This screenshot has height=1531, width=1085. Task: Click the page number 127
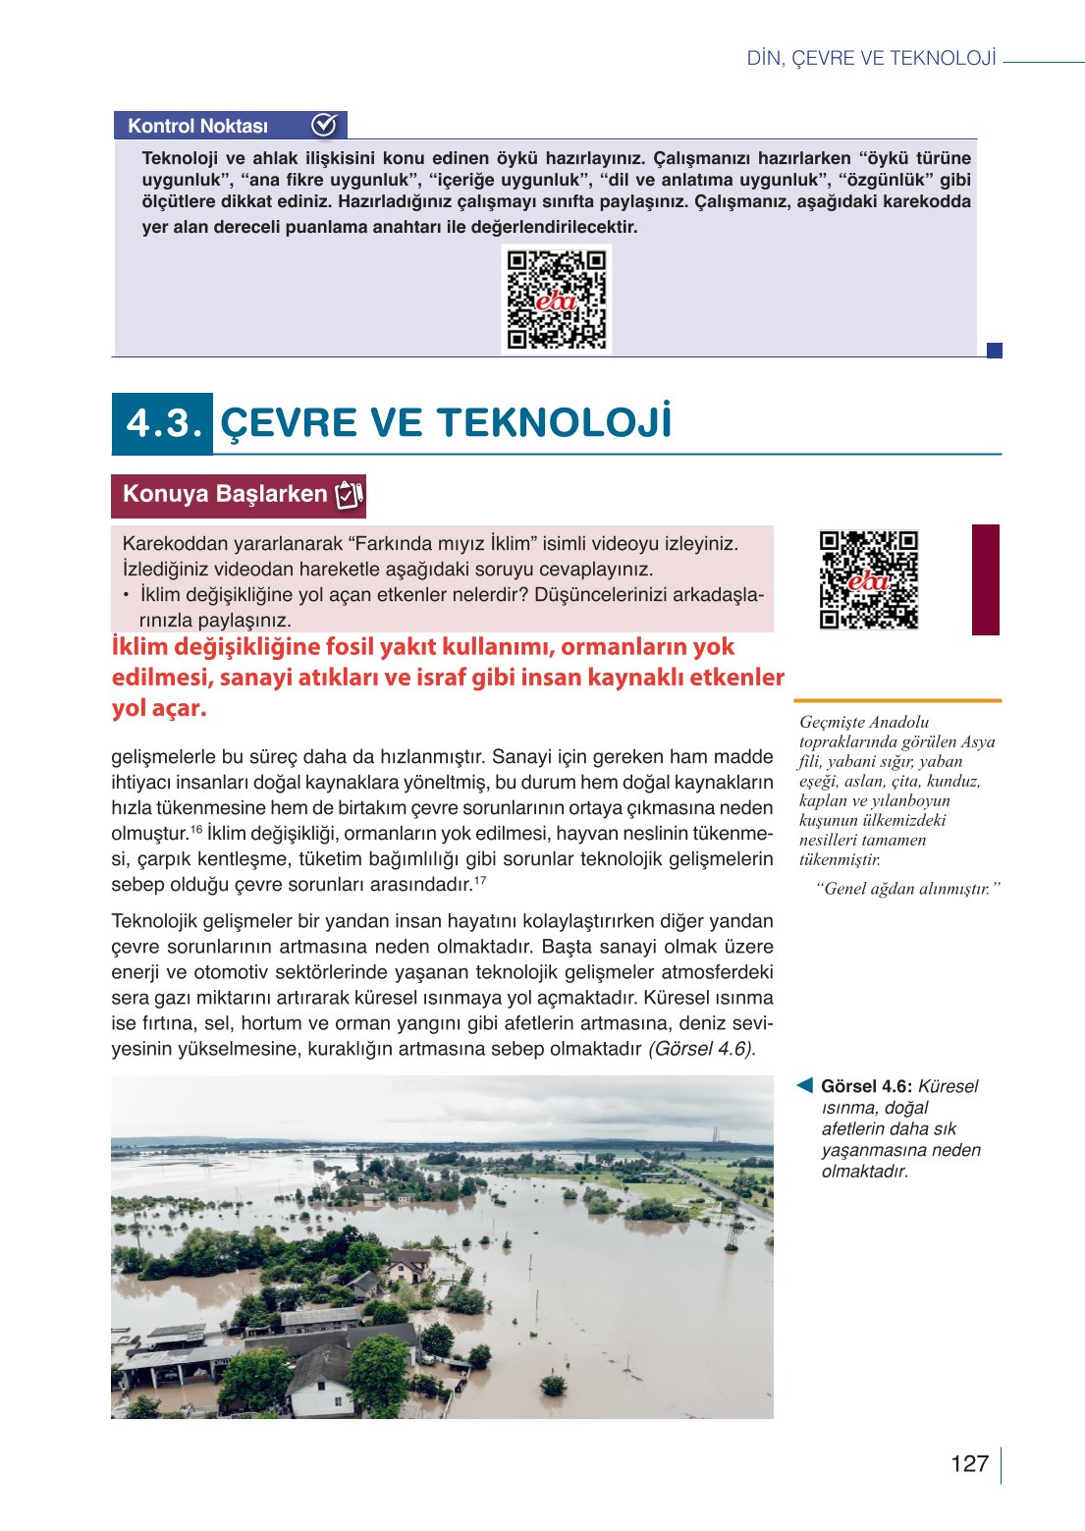(968, 1463)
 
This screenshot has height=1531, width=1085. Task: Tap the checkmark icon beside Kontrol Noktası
(324, 125)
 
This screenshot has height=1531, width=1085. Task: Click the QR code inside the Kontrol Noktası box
(556, 300)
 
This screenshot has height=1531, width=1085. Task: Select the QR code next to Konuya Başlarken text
(868, 579)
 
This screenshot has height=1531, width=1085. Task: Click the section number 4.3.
(163, 423)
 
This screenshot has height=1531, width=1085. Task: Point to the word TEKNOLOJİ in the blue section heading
(554, 423)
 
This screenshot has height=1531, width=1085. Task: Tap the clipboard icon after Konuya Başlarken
(350, 495)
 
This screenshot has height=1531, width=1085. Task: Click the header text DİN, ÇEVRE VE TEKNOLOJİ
(871, 59)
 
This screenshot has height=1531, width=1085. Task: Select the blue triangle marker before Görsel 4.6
(804, 1085)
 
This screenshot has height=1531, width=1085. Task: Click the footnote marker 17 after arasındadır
(480, 881)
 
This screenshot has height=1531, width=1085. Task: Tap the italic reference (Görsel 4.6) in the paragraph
(701, 1049)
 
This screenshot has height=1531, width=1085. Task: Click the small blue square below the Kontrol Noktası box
(994, 351)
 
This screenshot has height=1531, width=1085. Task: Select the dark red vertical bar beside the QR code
(985, 579)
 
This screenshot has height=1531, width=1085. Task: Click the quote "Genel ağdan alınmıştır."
(907, 889)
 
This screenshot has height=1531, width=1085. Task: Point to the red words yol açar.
(159, 708)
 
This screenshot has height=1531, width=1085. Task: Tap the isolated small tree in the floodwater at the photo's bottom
(553, 1385)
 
